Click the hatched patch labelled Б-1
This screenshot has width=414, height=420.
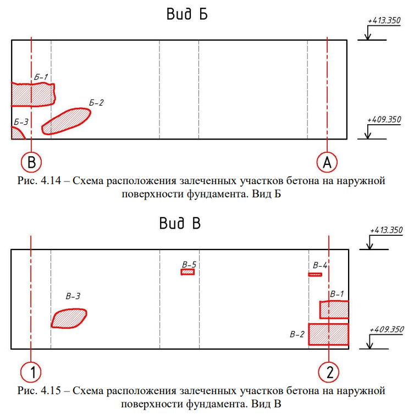33,95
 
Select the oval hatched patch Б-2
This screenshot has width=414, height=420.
66,121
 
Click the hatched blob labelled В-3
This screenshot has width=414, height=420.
69,318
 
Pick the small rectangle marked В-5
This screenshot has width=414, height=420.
187,272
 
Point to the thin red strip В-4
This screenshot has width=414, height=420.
315,274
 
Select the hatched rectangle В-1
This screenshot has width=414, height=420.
334,310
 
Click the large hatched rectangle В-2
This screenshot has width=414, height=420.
329,334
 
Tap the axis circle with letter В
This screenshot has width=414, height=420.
31,162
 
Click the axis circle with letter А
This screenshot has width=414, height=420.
327,162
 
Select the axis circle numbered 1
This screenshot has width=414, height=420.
31,372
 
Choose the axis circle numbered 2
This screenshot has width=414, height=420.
329,372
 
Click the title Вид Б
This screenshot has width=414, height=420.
187,14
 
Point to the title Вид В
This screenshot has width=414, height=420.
180,223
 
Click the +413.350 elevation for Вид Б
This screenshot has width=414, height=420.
384,21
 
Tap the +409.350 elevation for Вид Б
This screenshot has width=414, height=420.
384,119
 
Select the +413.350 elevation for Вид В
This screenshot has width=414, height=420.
386,230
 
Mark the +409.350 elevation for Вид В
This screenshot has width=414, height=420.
387,329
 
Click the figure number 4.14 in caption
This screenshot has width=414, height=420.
51,180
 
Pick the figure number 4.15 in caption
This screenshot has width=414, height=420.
51,390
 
